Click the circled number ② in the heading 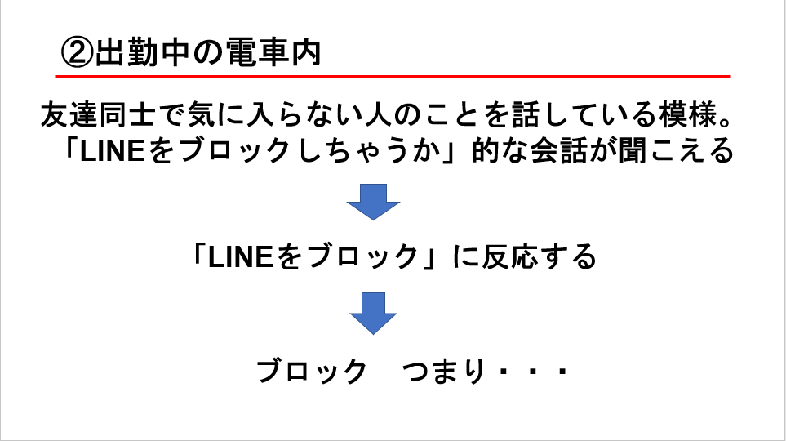(x=78, y=53)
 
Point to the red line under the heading (x=392, y=76)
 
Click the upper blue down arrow (x=373, y=201)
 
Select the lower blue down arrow (x=373, y=313)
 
